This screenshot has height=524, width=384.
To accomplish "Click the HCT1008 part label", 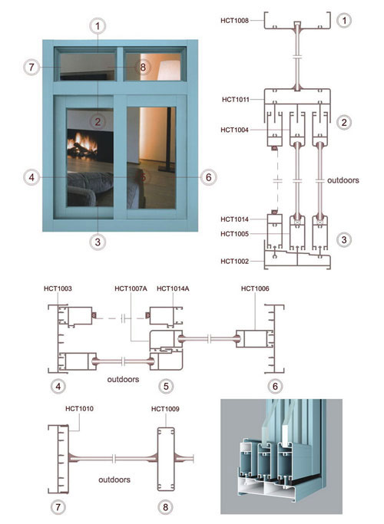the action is [x=234, y=21].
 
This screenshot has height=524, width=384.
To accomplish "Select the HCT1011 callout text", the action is [x=236, y=100].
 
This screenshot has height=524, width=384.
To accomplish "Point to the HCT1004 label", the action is [x=234, y=130].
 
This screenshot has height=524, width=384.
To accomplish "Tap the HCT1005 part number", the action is [x=234, y=234].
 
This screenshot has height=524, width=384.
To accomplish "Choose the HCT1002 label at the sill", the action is [x=234, y=262].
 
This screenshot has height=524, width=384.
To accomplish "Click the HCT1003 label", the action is [x=58, y=288].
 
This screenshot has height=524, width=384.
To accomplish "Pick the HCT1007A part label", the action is [x=131, y=288].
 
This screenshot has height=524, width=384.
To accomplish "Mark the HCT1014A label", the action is [x=173, y=288].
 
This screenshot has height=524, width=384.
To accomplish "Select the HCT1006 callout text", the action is [x=255, y=288].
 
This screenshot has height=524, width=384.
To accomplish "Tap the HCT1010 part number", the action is [x=79, y=409].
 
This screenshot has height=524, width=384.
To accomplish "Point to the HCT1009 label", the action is [x=165, y=409].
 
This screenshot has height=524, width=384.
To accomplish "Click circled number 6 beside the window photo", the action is [x=208, y=177].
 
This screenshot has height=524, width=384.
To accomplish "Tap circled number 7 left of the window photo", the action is [x=31, y=68].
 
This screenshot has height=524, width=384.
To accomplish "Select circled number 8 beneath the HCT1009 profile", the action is [x=165, y=507].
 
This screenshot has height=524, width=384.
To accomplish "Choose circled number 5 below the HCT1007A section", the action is [x=166, y=387].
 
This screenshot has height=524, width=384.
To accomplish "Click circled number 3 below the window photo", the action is [x=98, y=242].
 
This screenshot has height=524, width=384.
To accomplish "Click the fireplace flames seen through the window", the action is [x=82, y=143].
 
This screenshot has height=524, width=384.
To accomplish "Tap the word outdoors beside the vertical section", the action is [x=343, y=180].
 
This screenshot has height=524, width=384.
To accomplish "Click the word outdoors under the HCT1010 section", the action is [x=114, y=480].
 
